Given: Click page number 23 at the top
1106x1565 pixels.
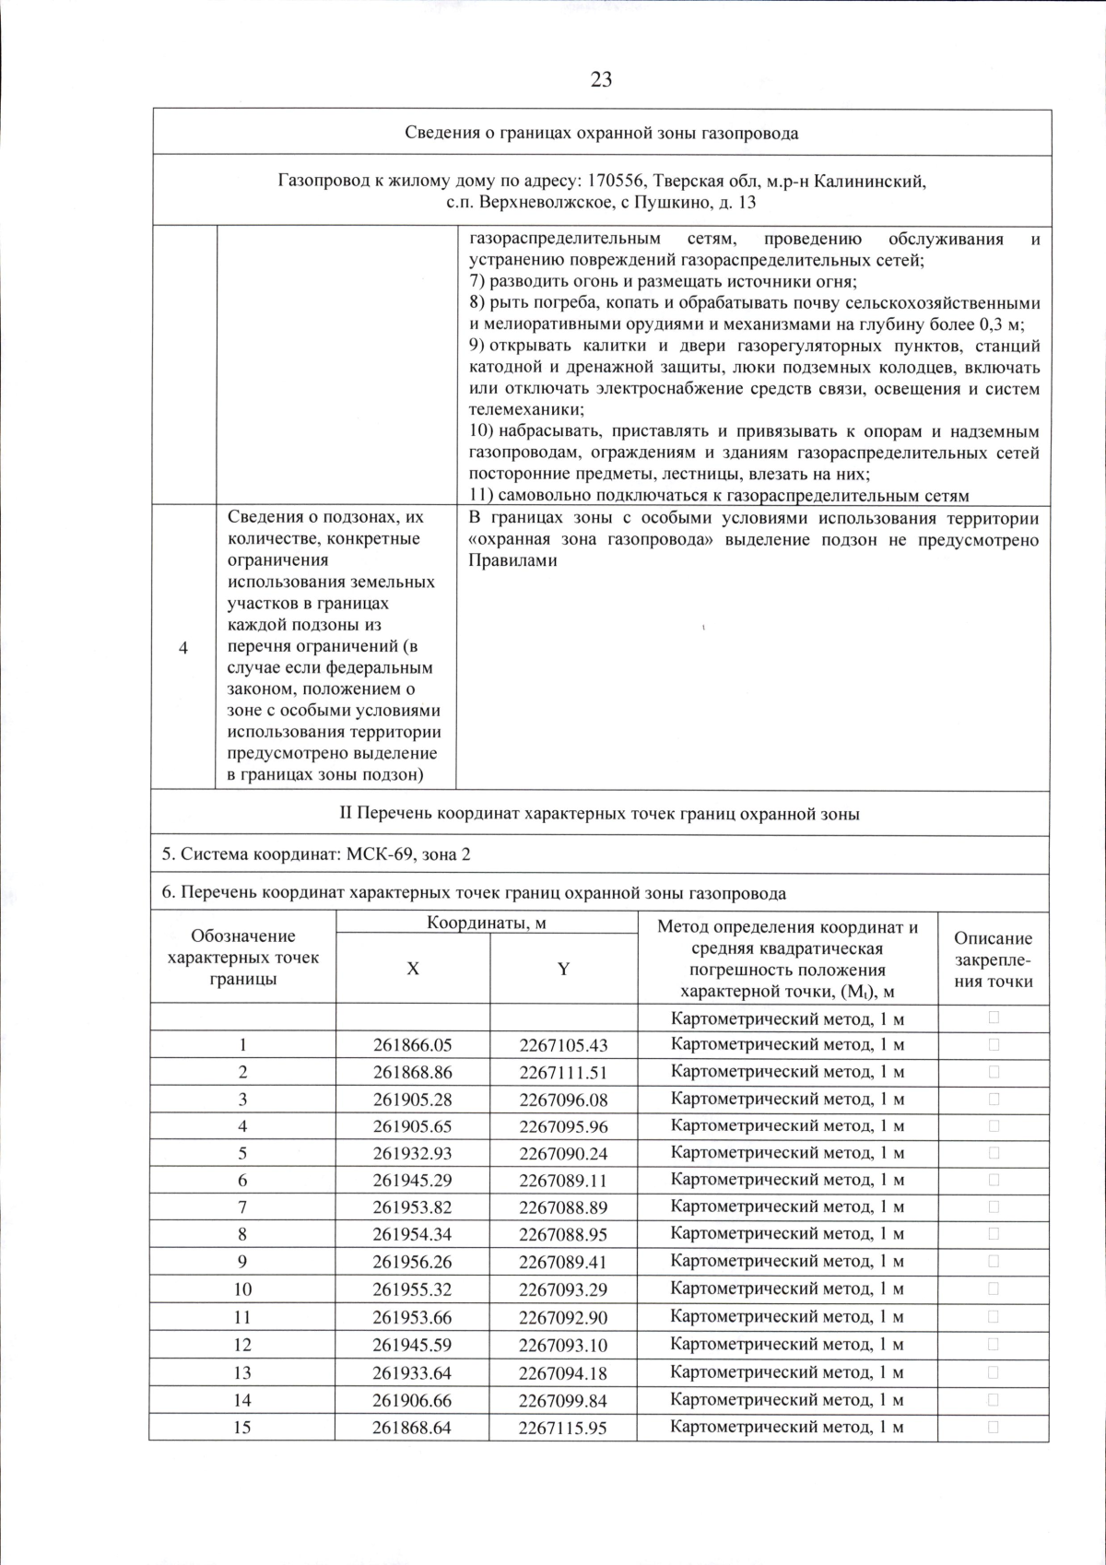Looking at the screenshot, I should point(600,79).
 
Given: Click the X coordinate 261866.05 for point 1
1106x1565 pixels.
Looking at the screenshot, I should point(413,1045).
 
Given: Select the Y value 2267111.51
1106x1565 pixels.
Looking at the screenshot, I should point(563,1073).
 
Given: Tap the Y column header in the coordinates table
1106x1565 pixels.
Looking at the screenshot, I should point(563,969).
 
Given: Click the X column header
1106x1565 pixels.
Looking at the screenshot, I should point(413,969).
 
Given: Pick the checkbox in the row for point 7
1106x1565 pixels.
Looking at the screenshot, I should point(994,1206).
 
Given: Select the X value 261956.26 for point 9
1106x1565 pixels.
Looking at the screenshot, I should point(413,1261).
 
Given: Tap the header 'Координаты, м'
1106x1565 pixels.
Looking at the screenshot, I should point(487,923).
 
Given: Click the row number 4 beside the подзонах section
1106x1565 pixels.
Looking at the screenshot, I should point(183,648).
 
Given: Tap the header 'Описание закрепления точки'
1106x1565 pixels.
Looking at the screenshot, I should point(994,959).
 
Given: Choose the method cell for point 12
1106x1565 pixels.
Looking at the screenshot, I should point(787,1345).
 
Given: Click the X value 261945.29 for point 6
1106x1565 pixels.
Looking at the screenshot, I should point(413,1180).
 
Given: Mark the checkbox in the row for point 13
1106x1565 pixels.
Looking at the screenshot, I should point(994,1371).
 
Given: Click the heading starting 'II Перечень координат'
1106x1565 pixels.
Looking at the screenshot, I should point(600,814).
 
